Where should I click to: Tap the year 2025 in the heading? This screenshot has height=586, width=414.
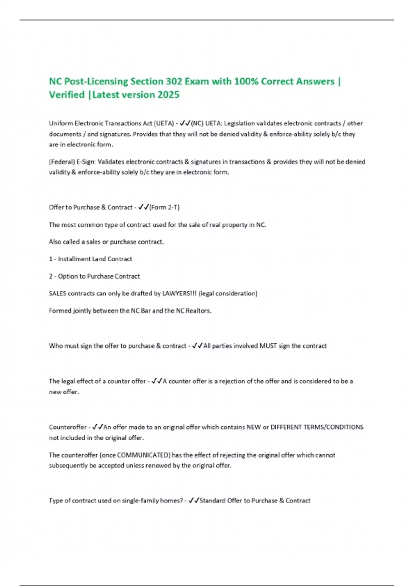point(168,95)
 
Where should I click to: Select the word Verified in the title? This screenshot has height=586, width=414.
point(67,95)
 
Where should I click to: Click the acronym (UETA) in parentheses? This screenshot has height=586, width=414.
point(164,123)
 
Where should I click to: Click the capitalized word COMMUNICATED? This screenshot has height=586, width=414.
point(144,455)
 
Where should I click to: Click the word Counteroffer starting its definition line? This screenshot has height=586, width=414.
point(68,427)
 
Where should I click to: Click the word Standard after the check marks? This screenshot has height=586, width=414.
point(212,501)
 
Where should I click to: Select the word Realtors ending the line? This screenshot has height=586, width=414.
point(198,311)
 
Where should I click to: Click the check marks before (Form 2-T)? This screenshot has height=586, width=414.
point(143,207)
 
